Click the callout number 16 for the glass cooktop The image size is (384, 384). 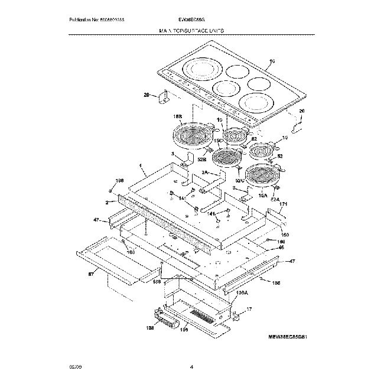(x=272, y=61)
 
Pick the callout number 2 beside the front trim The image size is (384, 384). (x=107, y=202)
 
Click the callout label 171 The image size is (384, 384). (x=284, y=204)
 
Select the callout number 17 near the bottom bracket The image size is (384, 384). (x=249, y=309)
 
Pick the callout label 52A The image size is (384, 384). (x=275, y=200)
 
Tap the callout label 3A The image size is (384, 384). (x=205, y=172)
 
